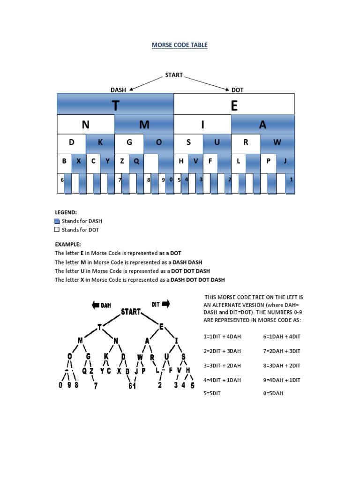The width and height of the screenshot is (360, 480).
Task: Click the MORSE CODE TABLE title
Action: coord(180,45)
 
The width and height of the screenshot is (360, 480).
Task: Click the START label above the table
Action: coord(173,75)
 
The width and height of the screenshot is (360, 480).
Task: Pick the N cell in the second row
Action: coord(85,125)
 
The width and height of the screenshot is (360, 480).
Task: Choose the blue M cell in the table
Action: coord(144,125)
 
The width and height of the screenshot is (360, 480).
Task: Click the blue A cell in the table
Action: coord(262,125)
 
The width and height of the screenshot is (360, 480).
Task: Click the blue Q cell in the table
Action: coord(136,161)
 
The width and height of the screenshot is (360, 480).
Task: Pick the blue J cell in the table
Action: coord(284,161)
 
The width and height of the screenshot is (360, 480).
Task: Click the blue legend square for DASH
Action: coord(57,221)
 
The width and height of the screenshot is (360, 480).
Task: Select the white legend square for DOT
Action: coord(57,230)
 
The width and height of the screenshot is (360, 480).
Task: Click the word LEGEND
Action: coord(66,212)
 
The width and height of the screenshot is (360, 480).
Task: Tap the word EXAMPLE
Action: coord(67,244)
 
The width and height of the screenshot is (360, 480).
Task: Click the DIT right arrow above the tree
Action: coord(165,304)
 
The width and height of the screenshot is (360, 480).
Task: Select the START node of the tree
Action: coord(131,312)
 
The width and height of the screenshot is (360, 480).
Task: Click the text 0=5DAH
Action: coord(273,393)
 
